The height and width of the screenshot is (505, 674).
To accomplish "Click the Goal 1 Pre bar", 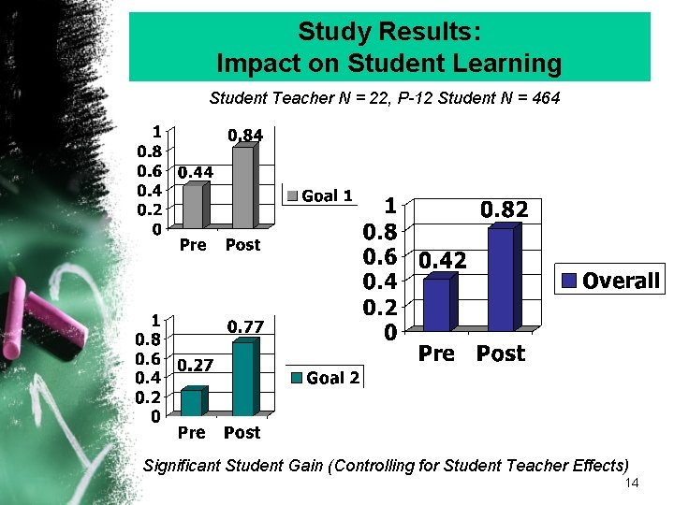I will (193, 206).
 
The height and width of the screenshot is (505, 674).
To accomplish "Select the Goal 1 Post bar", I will (243, 187).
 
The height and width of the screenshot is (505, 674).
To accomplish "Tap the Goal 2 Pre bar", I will (191, 402).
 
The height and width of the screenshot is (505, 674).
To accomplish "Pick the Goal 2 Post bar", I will (243, 379).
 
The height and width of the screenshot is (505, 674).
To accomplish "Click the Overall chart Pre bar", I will (436, 305).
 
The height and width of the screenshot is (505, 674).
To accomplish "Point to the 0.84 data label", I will (246, 136).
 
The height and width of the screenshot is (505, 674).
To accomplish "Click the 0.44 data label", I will (196, 172).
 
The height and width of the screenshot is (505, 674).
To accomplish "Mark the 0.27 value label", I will (195, 364).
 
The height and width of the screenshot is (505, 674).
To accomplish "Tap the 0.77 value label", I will (246, 326).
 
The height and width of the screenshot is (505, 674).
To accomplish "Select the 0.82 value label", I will (505, 211).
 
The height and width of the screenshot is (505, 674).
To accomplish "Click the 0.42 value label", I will (442, 261).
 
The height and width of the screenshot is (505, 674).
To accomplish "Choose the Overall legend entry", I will (610, 281).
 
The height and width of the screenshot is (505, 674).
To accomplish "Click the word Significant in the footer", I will (182, 465).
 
